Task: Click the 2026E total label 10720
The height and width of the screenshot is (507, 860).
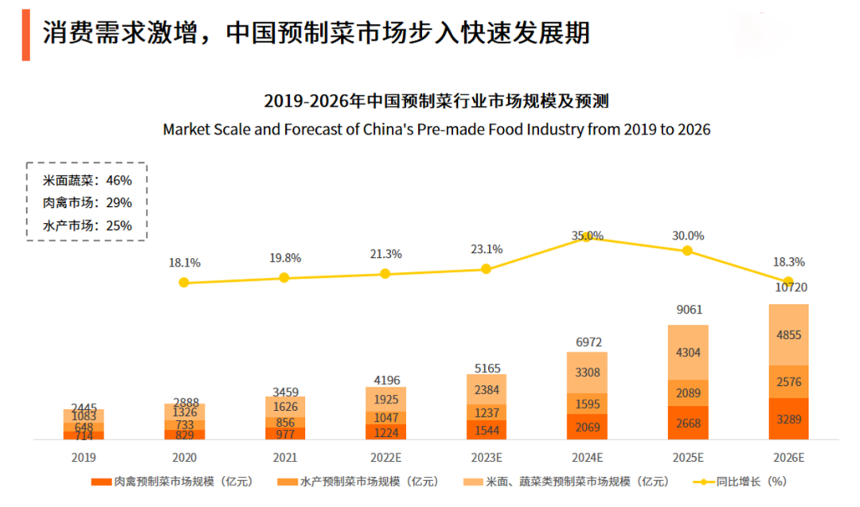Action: pos(788,288)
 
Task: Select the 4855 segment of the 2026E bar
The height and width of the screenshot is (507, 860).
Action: pos(788,335)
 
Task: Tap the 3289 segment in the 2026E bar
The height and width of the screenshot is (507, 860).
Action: pos(788,419)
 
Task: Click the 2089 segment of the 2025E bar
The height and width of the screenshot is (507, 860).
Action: pos(687,392)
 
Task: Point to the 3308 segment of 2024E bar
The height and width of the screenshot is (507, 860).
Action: pos(587,372)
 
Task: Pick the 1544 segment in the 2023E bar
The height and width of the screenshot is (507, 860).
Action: pos(486,430)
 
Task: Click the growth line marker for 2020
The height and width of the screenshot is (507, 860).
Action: pos(184,283)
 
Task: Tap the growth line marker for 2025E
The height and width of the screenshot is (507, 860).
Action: pos(687,251)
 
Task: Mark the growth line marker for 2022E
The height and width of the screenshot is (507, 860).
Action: pos(385,273)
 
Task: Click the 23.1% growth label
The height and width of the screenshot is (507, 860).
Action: pos(487,249)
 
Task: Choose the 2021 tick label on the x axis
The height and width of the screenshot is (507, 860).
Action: pos(285,458)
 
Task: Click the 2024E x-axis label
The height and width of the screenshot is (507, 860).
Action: pos(587,458)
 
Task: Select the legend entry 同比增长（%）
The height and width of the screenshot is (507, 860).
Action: pos(744,482)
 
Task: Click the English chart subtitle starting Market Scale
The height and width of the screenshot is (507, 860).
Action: pos(436,130)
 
